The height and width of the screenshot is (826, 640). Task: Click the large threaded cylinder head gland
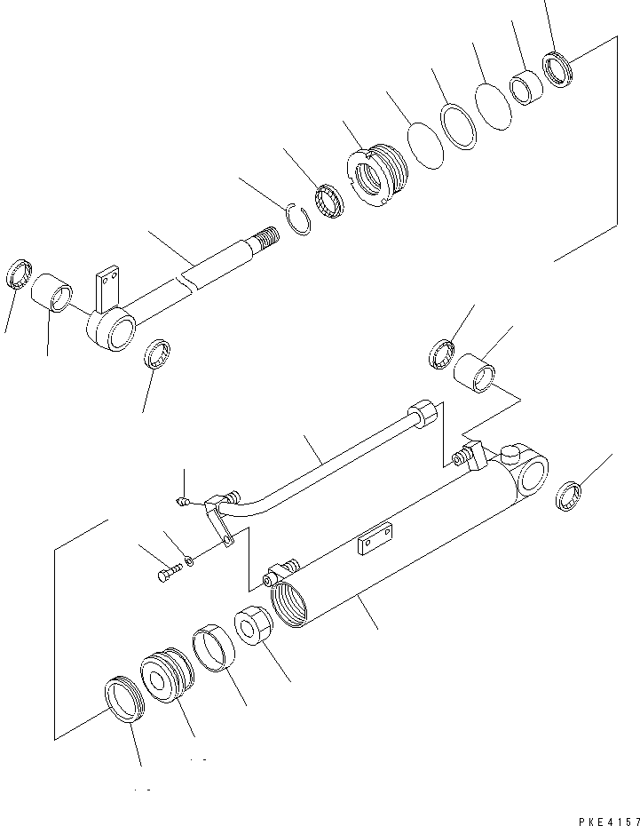(x=379, y=178)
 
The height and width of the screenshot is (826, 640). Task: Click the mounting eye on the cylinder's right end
(x=530, y=475)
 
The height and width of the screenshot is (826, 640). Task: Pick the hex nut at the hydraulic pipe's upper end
(x=423, y=416)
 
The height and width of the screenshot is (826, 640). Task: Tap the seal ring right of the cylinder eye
(x=568, y=496)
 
